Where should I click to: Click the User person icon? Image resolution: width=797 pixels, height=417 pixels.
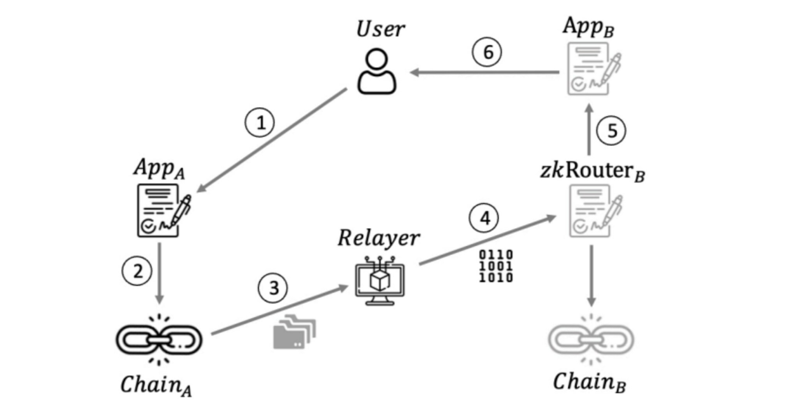click(376, 72)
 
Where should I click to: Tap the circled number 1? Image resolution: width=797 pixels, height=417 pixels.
click(260, 123)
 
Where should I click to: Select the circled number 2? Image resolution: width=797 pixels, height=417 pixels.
click(137, 271)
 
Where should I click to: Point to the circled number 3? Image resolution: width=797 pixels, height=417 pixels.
click(273, 288)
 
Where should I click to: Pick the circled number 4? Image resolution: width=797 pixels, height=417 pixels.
click(485, 218)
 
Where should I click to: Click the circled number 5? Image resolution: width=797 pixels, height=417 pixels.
click(611, 131)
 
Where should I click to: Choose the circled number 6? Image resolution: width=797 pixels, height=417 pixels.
click(487, 52)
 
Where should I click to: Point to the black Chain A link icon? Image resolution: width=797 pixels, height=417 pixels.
click(159, 340)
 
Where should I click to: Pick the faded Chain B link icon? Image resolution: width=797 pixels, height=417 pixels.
click(591, 340)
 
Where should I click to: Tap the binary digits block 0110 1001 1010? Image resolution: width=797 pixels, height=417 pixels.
click(496, 266)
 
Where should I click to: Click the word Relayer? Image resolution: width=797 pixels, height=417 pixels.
click(378, 238)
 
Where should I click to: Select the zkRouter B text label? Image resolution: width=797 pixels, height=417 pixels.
click(592, 171)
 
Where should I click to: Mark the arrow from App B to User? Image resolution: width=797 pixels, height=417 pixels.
click(485, 72)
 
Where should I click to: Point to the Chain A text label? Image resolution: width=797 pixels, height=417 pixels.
click(156, 385)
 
